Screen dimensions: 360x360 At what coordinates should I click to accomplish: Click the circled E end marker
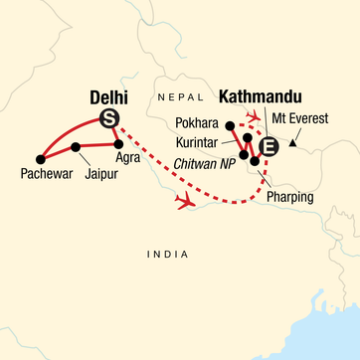(x=266, y=148)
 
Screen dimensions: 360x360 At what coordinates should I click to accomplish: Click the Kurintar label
(x=205, y=144)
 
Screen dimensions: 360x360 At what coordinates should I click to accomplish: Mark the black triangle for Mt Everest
(x=291, y=145)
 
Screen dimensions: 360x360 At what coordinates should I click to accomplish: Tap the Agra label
(x=126, y=158)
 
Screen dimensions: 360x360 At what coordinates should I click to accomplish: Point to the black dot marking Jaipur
(x=76, y=148)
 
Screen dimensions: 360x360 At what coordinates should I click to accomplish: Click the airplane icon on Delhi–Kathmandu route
(x=185, y=202)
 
